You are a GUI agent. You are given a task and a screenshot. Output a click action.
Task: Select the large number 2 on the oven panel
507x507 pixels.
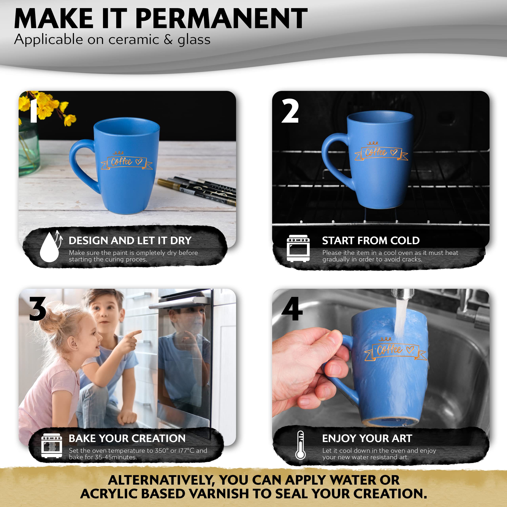click(290, 111)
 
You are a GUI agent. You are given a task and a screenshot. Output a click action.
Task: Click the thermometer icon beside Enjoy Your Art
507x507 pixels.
click(300, 445)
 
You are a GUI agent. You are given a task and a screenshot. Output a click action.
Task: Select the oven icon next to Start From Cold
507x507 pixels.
click(298, 248)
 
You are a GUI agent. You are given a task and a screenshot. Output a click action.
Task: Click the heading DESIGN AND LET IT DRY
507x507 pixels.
click(130, 240)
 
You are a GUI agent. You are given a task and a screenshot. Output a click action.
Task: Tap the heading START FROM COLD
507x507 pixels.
click(371, 240)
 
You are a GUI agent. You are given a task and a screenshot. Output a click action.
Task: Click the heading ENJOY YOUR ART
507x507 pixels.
click(367, 438)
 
